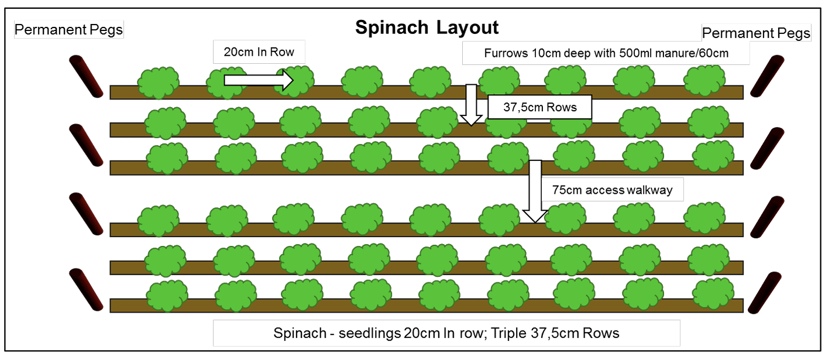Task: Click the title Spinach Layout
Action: [x=427, y=28]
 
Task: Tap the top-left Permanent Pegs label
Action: [x=68, y=30]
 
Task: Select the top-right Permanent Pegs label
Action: [x=756, y=33]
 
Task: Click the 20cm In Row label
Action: [x=259, y=52]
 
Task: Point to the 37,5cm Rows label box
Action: [x=539, y=107]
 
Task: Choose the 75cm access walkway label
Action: [x=612, y=190]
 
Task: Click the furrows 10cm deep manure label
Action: [x=606, y=53]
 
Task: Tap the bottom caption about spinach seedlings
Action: [x=446, y=333]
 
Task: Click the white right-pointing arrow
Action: [x=259, y=80]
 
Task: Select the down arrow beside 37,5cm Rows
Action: [x=472, y=105]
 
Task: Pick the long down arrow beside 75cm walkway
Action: [x=535, y=191]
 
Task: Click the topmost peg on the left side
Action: [x=86, y=77]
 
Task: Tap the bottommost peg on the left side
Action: [x=86, y=289]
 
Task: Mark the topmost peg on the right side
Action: [x=768, y=76]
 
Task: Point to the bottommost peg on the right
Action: [x=765, y=293]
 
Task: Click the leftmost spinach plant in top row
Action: [x=158, y=83]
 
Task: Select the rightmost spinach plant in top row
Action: [x=704, y=81]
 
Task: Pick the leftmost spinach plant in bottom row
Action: [x=167, y=296]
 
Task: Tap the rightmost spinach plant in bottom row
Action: [x=713, y=293]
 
